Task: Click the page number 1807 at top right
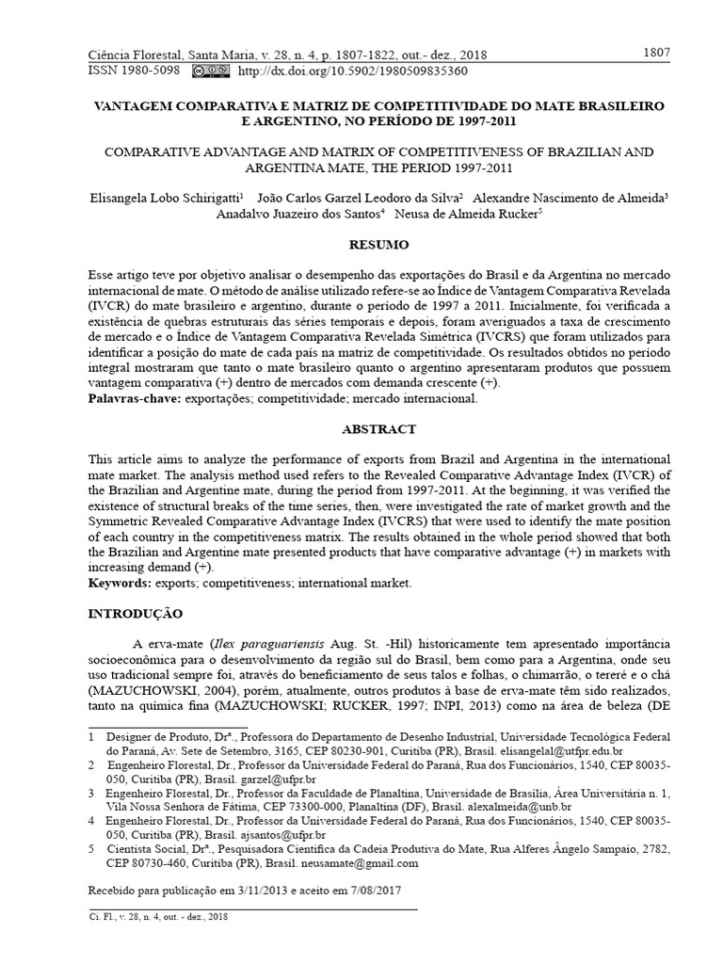[656, 53]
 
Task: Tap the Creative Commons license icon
[210, 71]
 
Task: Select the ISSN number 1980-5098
[150, 71]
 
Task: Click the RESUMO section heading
[379, 245]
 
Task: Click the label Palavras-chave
[133, 399]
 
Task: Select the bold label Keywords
[119, 584]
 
